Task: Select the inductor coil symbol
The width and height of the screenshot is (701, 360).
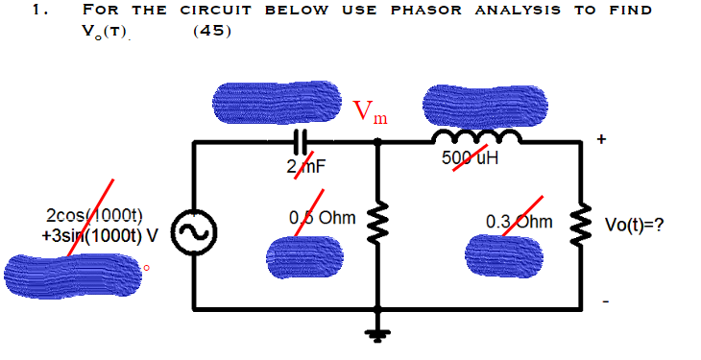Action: coord(483,138)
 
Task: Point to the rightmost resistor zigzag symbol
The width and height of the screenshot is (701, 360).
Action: coord(579,227)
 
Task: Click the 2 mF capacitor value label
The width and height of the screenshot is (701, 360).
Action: coord(306,166)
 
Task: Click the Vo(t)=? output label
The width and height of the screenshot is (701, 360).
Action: coord(635,226)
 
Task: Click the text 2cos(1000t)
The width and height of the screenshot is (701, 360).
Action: coord(94,215)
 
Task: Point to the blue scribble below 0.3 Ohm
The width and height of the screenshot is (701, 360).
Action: coord(503,253)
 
